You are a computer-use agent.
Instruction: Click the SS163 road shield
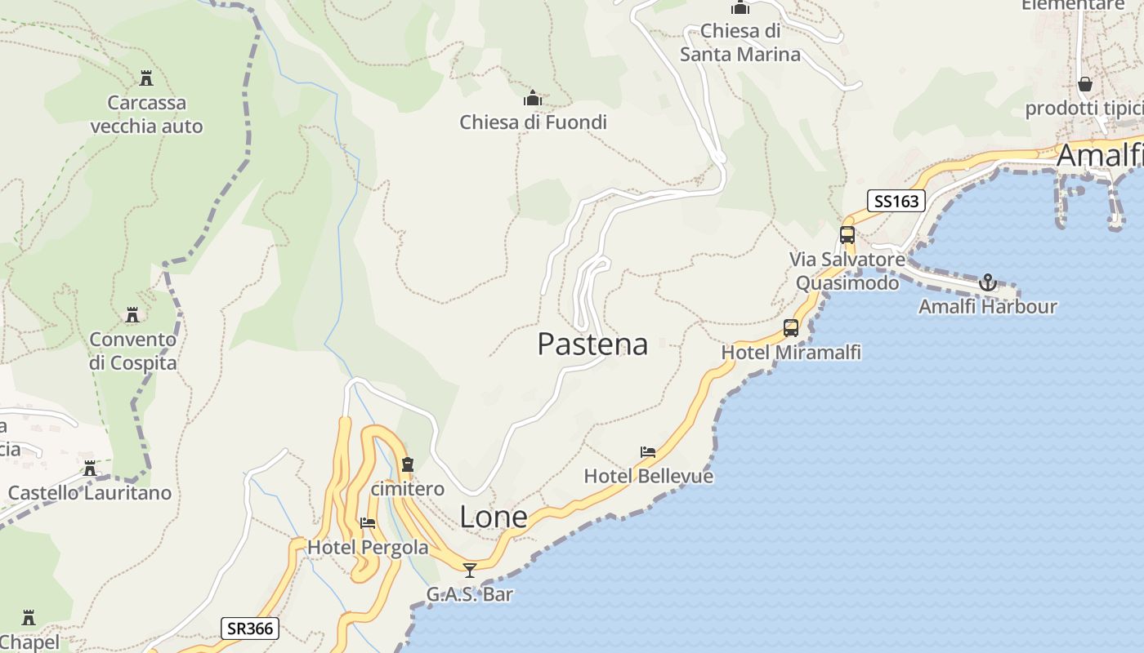point(896,201)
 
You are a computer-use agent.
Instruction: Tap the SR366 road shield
point(250,628)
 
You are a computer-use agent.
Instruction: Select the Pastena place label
point(592,344)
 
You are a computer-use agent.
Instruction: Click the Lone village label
point(493,517)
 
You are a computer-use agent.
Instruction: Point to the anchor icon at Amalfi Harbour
point(988,282)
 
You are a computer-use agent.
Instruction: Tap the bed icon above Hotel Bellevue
point(648,451)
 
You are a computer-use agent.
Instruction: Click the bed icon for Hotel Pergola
point(368,523)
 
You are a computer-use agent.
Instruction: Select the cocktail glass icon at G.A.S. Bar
point(469,570)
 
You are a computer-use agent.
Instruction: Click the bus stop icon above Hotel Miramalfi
point(790,328)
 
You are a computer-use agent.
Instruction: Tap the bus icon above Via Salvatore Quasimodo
point(847,235)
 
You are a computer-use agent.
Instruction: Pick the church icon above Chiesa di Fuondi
point(533,99)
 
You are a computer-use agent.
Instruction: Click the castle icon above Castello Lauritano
point(90,469)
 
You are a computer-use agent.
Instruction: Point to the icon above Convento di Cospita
point(132,315)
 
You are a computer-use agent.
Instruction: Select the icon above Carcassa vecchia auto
point(146,78)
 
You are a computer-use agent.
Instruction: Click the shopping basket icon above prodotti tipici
point(1084,84)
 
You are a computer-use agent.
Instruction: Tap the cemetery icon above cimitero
point(407,464)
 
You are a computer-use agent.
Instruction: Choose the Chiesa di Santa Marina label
point(740,43)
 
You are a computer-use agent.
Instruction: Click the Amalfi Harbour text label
point(987,307)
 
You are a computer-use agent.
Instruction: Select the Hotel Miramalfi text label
point(790,353)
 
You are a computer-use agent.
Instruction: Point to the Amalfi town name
point(1099,155)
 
